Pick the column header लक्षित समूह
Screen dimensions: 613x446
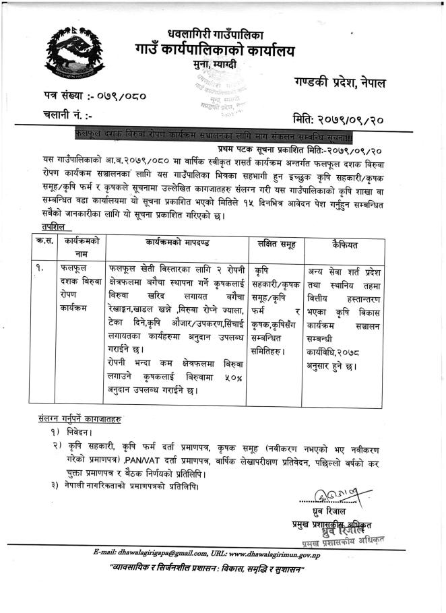[x=275, y=243]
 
